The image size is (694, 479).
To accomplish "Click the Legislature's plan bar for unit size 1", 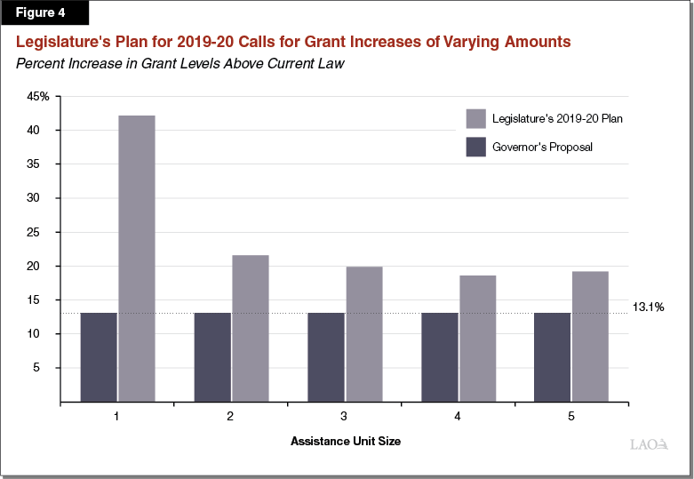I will click(x=136, y=258).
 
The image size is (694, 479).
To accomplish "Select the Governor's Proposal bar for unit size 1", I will click(x=99, y=356).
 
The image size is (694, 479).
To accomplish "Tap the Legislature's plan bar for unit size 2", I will click(x=250, y=328).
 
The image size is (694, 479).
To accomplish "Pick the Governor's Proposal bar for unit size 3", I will click(x=326, y=356).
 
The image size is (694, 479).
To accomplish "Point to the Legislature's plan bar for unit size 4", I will click(x=477, y=338).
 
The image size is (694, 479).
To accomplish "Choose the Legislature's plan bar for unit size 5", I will click(x=590, y=336).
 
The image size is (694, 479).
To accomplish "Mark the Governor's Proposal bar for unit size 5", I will click(x=553, y=356).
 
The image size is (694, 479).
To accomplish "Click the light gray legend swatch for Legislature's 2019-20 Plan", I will click(x=475, y=119).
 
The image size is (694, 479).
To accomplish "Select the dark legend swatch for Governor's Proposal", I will click(x=475, y=147).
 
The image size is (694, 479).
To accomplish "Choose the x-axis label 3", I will click(x=345, y=416).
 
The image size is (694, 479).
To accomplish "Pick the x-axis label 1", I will click(x=117, y=416).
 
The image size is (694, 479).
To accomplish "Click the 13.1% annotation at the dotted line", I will click(x=648, y=307).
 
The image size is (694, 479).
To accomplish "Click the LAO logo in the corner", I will click(x=646, y=444).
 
